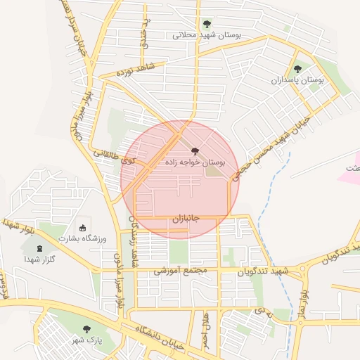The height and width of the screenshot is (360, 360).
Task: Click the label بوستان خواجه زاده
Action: (x=195, y=162)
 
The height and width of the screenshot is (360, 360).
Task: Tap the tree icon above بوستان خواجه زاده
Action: (x=195, y=151)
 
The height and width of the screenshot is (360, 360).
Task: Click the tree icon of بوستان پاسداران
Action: (x=298, y=69)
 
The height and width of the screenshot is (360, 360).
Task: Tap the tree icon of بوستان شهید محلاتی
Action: (x=206, y=23)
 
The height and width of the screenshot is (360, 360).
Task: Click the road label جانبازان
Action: (x=186, y=219)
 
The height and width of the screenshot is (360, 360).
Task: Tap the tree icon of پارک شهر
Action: (x=86, y=329)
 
